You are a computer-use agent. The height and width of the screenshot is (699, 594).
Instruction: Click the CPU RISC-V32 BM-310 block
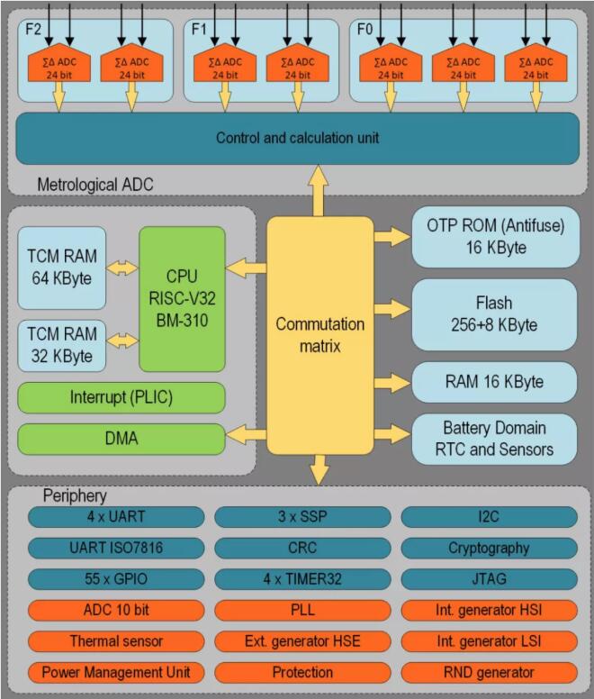(x=181, y=299)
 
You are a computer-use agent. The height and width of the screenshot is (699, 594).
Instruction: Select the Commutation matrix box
(x=320, y=334)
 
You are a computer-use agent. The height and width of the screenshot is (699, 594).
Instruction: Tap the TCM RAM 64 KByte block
(x=61, y=268)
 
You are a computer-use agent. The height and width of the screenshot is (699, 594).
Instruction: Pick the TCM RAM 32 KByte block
(x=61, y=345)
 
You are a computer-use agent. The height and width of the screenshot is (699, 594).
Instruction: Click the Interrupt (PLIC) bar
(x=121, y=397)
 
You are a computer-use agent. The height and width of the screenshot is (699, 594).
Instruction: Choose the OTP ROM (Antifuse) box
(x=494, y=236)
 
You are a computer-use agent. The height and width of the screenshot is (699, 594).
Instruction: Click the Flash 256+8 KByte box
(x=494, y=314)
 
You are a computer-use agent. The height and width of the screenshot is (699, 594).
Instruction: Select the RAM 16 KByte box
(x=494, y=381)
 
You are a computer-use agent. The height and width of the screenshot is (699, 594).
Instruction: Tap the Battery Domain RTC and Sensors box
(x=494, y=438)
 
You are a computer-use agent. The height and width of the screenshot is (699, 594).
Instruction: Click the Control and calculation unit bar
(x=297, y=138)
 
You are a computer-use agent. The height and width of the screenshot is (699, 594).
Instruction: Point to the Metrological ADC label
(x=94, y=185)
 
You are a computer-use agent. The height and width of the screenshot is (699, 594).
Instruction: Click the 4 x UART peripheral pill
(x=116, y=517)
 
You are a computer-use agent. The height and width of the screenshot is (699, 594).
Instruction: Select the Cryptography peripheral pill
(x=489, y=548)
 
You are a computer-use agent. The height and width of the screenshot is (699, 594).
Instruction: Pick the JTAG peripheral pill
(x=489, y=578)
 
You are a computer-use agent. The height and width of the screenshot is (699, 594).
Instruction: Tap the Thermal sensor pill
(x=116, y=641)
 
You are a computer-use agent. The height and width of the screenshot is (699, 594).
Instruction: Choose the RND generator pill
(x=489, y=672)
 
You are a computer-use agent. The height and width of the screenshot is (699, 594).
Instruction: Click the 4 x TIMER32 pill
(x=302, y=578)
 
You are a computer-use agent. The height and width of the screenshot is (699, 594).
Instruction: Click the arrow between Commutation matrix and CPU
(x=245, y=267)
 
